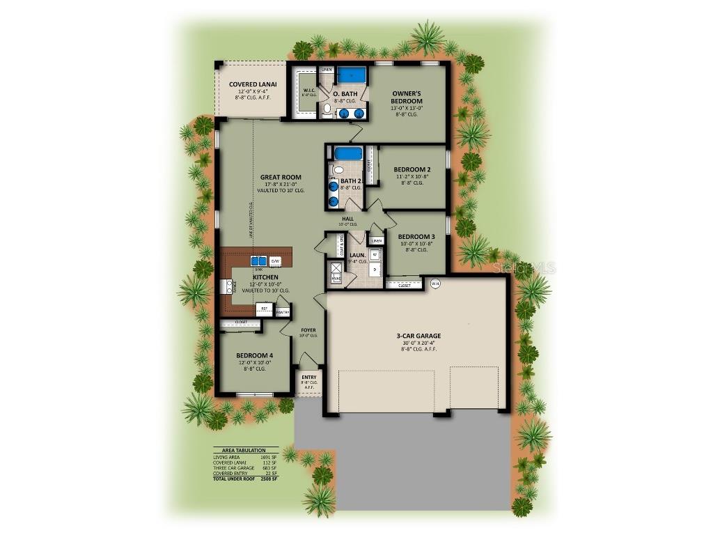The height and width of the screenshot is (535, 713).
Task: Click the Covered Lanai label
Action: (x=253, y=84)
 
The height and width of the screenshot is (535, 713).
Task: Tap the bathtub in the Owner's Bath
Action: (x=352, y=75)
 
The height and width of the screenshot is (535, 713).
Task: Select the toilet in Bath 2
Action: (x=338, y=169)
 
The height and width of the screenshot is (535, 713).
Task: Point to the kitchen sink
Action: (x=258, y=261)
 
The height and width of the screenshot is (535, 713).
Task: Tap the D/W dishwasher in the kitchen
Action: (x=275, y=261)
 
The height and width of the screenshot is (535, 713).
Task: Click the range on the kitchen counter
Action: (x=227, y=286)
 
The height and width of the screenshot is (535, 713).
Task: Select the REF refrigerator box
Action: (x=264, y=307)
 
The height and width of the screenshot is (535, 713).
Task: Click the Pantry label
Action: (x=282, y=313)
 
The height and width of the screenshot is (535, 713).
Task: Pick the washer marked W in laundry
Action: (x=375, y=255)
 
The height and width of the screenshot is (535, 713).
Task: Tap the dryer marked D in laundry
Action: (x=375, y=269)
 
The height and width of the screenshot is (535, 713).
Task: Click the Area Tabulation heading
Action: (x=245, y=450)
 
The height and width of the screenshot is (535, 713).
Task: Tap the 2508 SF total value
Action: (x=269, y=479)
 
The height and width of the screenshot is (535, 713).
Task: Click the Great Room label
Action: (x=281, y=177)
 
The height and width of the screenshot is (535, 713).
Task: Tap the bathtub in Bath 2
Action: (x=347, y=153)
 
